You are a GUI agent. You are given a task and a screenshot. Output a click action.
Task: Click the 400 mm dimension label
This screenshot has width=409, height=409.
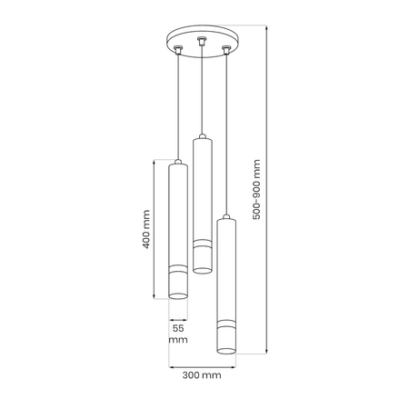146,229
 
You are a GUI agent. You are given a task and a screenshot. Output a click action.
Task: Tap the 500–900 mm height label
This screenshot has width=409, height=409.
256,189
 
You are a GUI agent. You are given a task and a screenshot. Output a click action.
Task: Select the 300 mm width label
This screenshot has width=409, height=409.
202,375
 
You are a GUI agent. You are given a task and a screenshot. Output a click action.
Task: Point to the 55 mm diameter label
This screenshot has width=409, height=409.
178,334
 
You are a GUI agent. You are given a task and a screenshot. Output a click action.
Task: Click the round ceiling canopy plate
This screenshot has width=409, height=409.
203,41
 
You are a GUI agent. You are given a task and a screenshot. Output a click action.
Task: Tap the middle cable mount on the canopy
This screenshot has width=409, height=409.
201,41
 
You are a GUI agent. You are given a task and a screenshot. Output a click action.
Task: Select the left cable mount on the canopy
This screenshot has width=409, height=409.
178,50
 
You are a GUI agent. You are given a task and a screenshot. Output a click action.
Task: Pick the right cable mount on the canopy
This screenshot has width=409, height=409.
226,50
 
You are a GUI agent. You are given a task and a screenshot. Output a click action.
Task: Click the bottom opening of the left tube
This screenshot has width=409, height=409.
178,296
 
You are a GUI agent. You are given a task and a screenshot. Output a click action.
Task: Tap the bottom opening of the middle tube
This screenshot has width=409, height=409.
203,270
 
